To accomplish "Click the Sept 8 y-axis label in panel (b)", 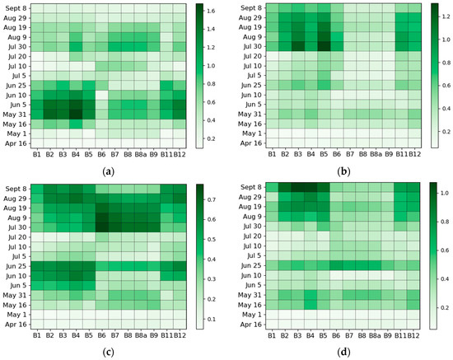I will (245, 8).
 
